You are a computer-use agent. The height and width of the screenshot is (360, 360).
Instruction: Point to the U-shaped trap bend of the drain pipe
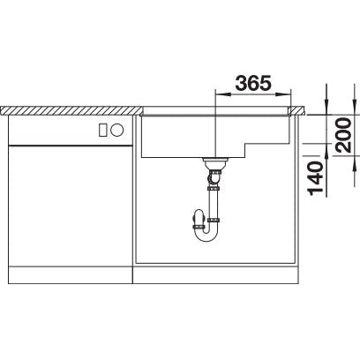[x=209, y=232]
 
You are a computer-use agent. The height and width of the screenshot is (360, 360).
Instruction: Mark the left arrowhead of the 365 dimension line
[x=216, y=95]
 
